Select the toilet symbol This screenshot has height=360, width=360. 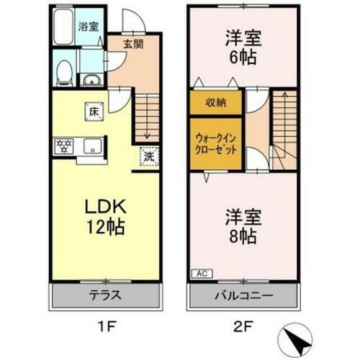[64, 70]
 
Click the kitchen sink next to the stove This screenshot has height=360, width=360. [91, 145]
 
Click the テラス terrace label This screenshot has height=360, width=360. [104, 295]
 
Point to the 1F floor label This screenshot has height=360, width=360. [104, 326]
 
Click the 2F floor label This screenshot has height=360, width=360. [243, 326]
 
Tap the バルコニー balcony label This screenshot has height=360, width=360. [243, 295]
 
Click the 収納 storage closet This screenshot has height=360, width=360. [215, 102]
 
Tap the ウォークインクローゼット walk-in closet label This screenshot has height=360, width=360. [215, 144]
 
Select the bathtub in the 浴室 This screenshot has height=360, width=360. [64, 27]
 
